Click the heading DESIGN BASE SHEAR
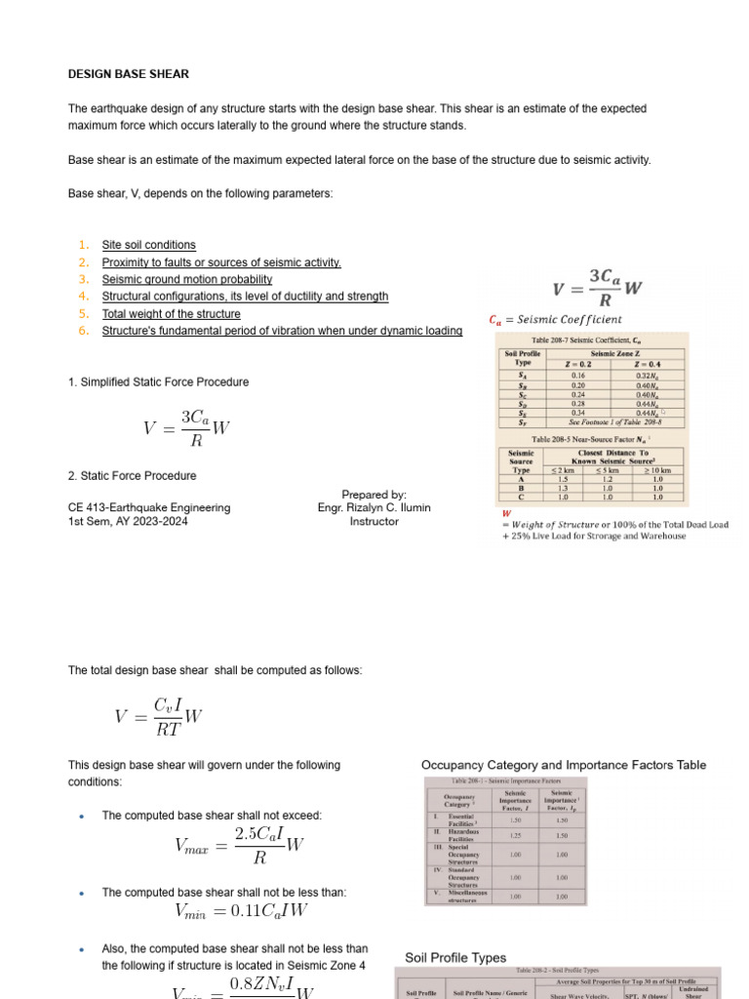129,74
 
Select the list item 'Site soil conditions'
148,245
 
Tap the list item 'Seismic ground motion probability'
187,279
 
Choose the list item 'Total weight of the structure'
171,314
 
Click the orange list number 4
84,297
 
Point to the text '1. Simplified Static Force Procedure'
158,382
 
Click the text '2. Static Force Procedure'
132,476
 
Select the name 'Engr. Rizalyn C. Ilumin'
374,508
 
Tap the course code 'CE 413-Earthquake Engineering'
149,508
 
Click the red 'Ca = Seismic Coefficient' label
555,320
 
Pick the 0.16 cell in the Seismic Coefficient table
578,375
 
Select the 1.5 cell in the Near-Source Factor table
562,479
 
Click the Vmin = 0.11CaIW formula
240,912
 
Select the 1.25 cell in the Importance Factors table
516,835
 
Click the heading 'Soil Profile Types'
455,958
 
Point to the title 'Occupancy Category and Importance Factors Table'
564,765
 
